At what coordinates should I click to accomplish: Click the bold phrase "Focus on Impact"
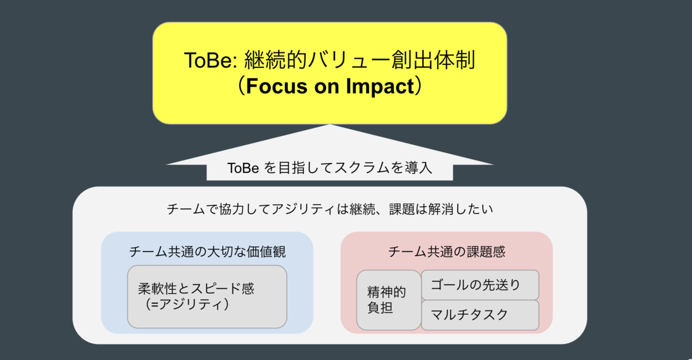point(330,86)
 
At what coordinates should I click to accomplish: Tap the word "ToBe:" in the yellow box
point(210,60)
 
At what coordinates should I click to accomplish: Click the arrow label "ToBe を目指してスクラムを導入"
point(330,168)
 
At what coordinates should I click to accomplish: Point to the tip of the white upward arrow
point(330,125)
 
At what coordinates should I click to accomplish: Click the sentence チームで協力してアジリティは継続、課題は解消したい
point(330,209)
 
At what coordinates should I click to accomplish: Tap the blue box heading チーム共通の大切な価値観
point(207,252)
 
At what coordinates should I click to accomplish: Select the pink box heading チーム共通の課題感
point(446,252)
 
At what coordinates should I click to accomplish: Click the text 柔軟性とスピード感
point(196,289)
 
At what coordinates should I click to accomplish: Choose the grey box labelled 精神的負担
point(389,300)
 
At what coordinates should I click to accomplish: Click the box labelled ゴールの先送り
point(480,285)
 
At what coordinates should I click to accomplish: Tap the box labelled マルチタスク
point(480,315)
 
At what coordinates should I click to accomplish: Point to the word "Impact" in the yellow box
point(380,86)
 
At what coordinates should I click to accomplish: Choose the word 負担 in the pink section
point(380,307)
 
